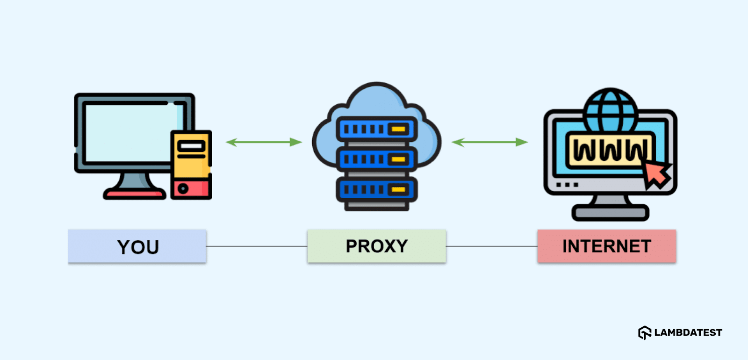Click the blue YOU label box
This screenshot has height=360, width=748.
pyautogui.click(x=137, y=246)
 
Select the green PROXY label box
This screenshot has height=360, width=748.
pyautogui.click(x=376, y=246)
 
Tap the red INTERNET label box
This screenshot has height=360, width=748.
pyautogui.click(x=606, y=246)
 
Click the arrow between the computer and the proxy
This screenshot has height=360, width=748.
pyautogui.click(x=264, y=142)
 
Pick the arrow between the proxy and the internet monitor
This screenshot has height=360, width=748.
pyautogui.click(x=489, y=142)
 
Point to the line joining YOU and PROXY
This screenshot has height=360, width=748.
pyautogui.click(x=256, y=246)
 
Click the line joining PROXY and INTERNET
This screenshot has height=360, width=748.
pyautogui.click(x=491, y=246)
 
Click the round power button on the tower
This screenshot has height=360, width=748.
pyautogui.click(x=183, y=188)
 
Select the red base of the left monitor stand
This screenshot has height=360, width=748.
pyautogui.click(x=135, y=193)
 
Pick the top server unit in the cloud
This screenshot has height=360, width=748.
pyautogui.click(x=376, y=129)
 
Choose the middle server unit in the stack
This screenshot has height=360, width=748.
pyautogui.click(x=376, y=159)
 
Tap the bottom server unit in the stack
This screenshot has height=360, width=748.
pyautogui.click(x=376, y=189)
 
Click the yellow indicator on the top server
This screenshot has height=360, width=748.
pyautogui.click(x=398, y=129)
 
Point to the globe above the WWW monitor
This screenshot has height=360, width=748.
pyautogui.click(x=610, y=110)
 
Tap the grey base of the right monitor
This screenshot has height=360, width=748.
pyautogui.click(x=610, y=213)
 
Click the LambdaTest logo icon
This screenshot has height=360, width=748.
pyautogui.click(x=645, y=332)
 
